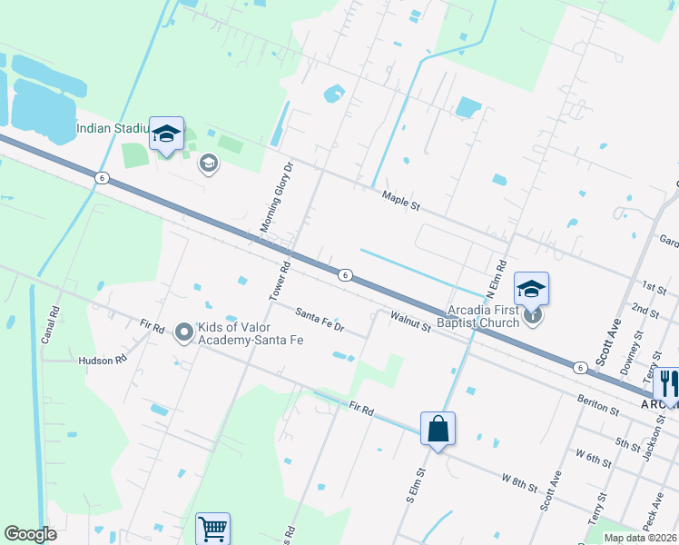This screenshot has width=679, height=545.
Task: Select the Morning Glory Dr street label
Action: (278, 197)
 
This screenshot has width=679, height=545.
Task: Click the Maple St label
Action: (401, 200)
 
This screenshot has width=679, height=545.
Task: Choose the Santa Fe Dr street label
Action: (320, 319)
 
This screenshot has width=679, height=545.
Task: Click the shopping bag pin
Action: (438, 429)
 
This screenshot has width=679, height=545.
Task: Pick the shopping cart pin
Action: (212, 529)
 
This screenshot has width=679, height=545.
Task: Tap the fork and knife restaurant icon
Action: (668, 382)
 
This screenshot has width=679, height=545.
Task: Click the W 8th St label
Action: (520, 482)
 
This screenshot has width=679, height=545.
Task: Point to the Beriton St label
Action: (596, 402)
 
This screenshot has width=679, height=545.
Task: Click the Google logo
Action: (30, 534)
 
